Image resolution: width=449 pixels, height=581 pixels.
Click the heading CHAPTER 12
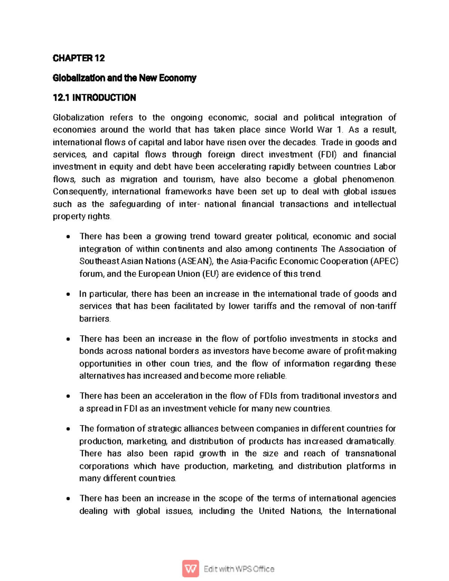click(x=79, y=58)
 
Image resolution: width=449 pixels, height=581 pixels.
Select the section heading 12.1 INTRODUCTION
click(x=94, y=98)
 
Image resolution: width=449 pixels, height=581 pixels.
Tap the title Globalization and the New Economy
click(x=124, y=78)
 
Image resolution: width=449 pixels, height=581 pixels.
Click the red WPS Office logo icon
click(x=190, y=569)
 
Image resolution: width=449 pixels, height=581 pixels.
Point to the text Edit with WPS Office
click(x=239, y=569)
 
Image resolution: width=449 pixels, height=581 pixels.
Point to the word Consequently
click(x=80, y=192)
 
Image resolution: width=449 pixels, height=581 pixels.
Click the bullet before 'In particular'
click(x=68, y=294)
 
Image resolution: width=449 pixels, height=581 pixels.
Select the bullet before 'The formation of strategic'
click(x=68, y=429)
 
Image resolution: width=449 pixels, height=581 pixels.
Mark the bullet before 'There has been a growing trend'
click(x=68, y=236)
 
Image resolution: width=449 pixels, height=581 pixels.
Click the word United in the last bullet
click(x=272, y=511)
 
